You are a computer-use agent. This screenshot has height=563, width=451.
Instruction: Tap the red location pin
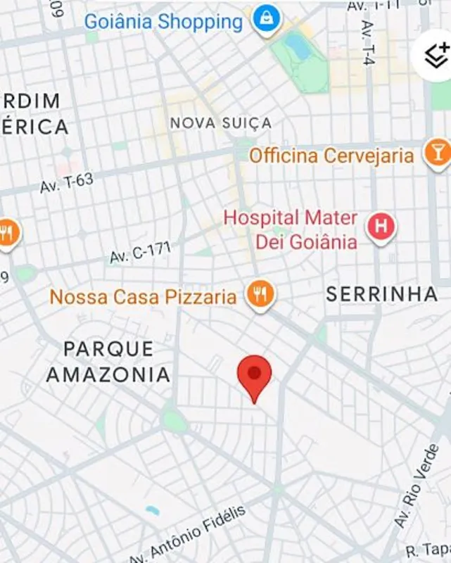click(x=255, y=374)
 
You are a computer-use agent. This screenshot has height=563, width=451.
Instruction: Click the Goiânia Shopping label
click(x=163, y=22)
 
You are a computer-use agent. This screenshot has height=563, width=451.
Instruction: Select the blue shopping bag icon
click(x=266, y=18)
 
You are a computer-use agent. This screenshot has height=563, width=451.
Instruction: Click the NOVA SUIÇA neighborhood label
click(x=220, y=123)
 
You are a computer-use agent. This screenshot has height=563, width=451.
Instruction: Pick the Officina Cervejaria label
click(x=331, y=156)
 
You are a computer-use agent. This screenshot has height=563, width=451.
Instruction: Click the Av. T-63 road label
click(x=67, y=184)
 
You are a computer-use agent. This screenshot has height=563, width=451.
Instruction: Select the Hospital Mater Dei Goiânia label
click(x=291, y=230)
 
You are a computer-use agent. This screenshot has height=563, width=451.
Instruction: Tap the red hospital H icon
click(x=381, y=227)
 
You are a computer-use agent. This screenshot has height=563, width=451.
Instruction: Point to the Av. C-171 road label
click(x=140, y=252)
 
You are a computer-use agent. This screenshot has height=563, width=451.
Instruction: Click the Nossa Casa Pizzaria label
click(x=143, y=297)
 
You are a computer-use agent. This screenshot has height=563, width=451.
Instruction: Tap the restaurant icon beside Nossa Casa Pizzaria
click(x=260, y=295)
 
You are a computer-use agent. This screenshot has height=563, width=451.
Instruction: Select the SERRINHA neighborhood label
click(x=381, y=294)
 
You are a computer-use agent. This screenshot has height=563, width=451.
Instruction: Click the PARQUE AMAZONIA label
click(x=108, y=361)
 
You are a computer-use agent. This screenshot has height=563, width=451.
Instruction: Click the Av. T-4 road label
click(x=368, y=42)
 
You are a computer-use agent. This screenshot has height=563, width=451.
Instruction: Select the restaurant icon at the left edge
click(x=7, y=232)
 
